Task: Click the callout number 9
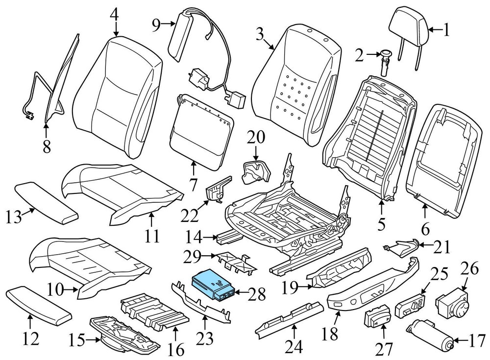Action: pyautogui.click(x=156, y=24)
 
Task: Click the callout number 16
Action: pyautogui.click(x=177, y=350)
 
